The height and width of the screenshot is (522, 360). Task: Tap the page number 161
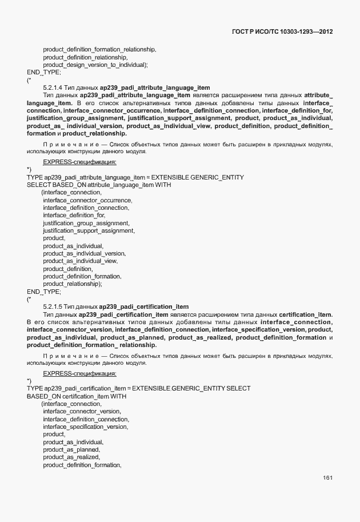pos(327,478)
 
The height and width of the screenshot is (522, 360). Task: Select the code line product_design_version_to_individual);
pos(95,65)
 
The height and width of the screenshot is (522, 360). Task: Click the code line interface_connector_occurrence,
pos(87,200)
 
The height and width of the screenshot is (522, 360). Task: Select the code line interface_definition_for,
pos(74,215)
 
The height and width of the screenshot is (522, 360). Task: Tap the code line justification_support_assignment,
pos(89,230)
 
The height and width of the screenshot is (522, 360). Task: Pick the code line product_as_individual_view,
pos(81,261)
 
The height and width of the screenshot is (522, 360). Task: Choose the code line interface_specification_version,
pos(86,427)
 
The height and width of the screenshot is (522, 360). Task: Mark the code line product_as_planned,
pos(72,449)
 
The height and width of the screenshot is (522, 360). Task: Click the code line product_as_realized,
pos(71,457)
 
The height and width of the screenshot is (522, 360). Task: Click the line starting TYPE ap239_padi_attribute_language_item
pos(135,177)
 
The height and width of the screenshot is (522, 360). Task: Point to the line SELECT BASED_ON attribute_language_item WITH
pos(99,185)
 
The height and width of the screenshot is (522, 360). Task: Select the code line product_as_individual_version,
pos(84,253)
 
